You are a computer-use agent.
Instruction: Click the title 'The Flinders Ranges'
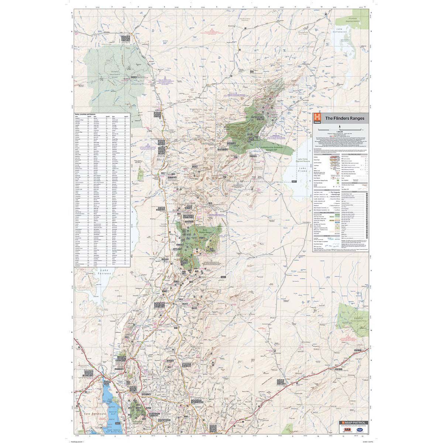click(x=344, y=119)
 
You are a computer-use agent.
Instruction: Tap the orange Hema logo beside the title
click(x=316, y=119)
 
